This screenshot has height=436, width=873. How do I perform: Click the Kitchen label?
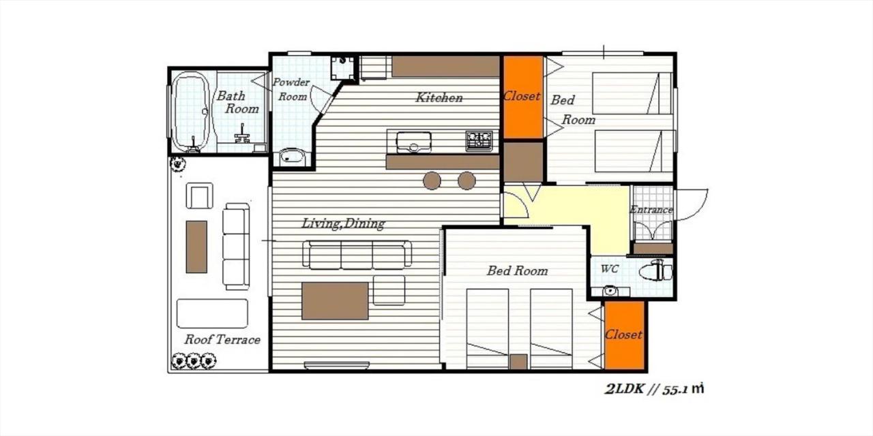pyautogui.click(x=439, y=97)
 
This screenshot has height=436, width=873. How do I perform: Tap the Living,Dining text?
pyautogui.click(x=344, y=223)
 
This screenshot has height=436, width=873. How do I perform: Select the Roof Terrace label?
pyautogui.click(x=222, y=339)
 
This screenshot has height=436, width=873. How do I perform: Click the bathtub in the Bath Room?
pyautogui.click(x=190, y=110)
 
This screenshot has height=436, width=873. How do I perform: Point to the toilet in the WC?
pyautogui.click(x=655, y=271)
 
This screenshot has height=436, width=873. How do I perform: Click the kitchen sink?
pyautogui.click(x=413, y=142)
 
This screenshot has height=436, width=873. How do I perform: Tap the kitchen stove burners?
pyautogui.click(x=479, y=140)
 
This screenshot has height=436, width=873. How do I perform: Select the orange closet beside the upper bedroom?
pyautogui.click(x=522, y=97)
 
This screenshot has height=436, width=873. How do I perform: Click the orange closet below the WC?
pyautogui.click(x=624, y=334)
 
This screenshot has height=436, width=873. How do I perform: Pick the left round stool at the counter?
pyautogui.click(x=432, y=181)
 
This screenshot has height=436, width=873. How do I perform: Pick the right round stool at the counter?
pyautogui.click(x=467, y=181)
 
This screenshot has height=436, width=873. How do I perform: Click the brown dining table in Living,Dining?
pyautogui.click(x=335, y=300)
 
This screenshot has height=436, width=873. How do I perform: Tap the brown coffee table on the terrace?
pyautogui.click(x=196, y=247)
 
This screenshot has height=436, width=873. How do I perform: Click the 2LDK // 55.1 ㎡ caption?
pyautogui.click(x=654, y=390)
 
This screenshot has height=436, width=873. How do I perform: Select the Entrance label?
pyautogui.click(x=651, y=210)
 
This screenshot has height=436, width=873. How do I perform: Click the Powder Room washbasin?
pyautogui.click(x=292, y=157)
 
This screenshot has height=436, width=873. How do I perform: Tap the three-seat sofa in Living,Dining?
pyautogui.click(x=357, y=254)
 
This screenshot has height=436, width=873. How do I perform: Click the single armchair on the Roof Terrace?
pyautogui.click(x=199, y=196)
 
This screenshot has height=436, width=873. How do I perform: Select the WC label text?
pyautogui.click(x=609, y=269)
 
